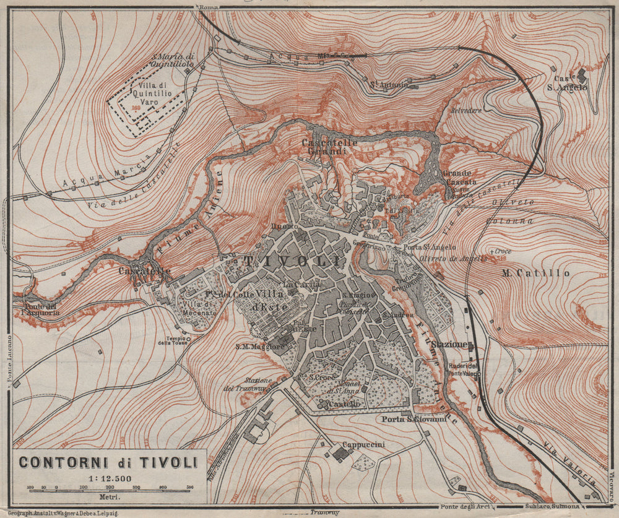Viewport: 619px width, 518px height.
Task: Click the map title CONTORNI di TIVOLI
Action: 108,462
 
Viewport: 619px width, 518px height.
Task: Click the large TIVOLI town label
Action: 293,261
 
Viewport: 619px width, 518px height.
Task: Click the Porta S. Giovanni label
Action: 414,419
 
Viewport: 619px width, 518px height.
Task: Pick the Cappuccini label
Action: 365,444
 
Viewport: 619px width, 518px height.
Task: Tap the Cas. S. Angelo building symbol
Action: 582,76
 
